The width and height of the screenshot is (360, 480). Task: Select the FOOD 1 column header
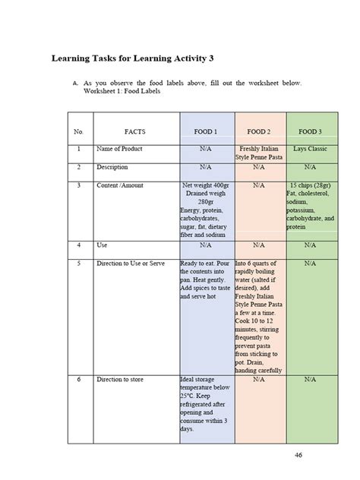[x=206, y=131]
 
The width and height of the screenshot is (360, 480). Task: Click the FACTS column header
[x=135, y=131]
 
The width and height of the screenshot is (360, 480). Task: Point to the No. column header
[x=78, y=131]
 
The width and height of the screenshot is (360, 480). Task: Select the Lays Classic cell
[x=310, y=149]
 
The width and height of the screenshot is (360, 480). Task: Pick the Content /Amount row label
[x=120, y=185]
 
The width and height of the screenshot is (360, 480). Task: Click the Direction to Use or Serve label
[x=131, y=263]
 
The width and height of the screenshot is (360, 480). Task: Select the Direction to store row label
[x=122, y=378]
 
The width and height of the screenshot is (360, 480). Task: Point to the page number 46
[x=298, y=455]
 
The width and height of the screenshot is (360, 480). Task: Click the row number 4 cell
[x=78, y=245]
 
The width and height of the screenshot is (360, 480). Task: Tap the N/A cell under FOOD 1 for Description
[x=206, y=166]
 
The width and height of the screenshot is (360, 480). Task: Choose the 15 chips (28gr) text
[x=310, y=185]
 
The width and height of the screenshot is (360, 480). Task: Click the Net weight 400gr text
[x=206, y=185]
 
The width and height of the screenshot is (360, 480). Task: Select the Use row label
[x=103, y=245]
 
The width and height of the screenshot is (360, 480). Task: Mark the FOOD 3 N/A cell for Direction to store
[x=310, y=378]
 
